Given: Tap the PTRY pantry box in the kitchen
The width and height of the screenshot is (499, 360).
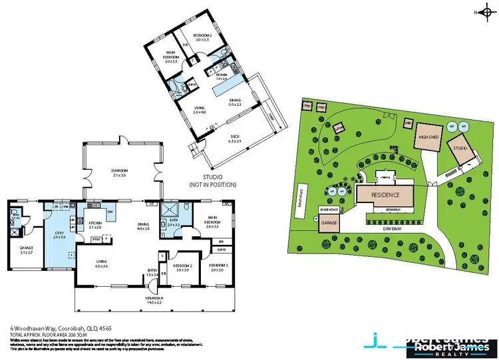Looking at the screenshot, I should tap(96, 238).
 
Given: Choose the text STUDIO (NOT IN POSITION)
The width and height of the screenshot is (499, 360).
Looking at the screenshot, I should tap(214, 180).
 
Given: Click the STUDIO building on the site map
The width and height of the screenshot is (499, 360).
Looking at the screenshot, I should tap(460, 149).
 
